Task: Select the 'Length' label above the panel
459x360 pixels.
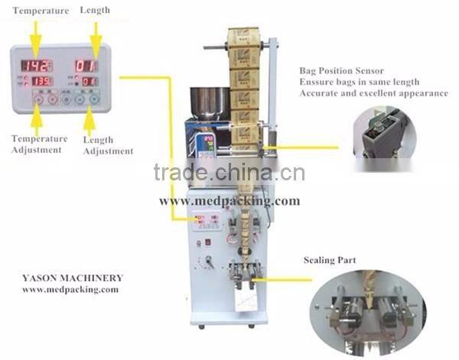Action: [95, 10]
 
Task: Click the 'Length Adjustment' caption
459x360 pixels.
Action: [106, 145]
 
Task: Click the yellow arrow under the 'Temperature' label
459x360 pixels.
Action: [34, 35]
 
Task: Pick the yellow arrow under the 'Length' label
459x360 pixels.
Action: [96, 34]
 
